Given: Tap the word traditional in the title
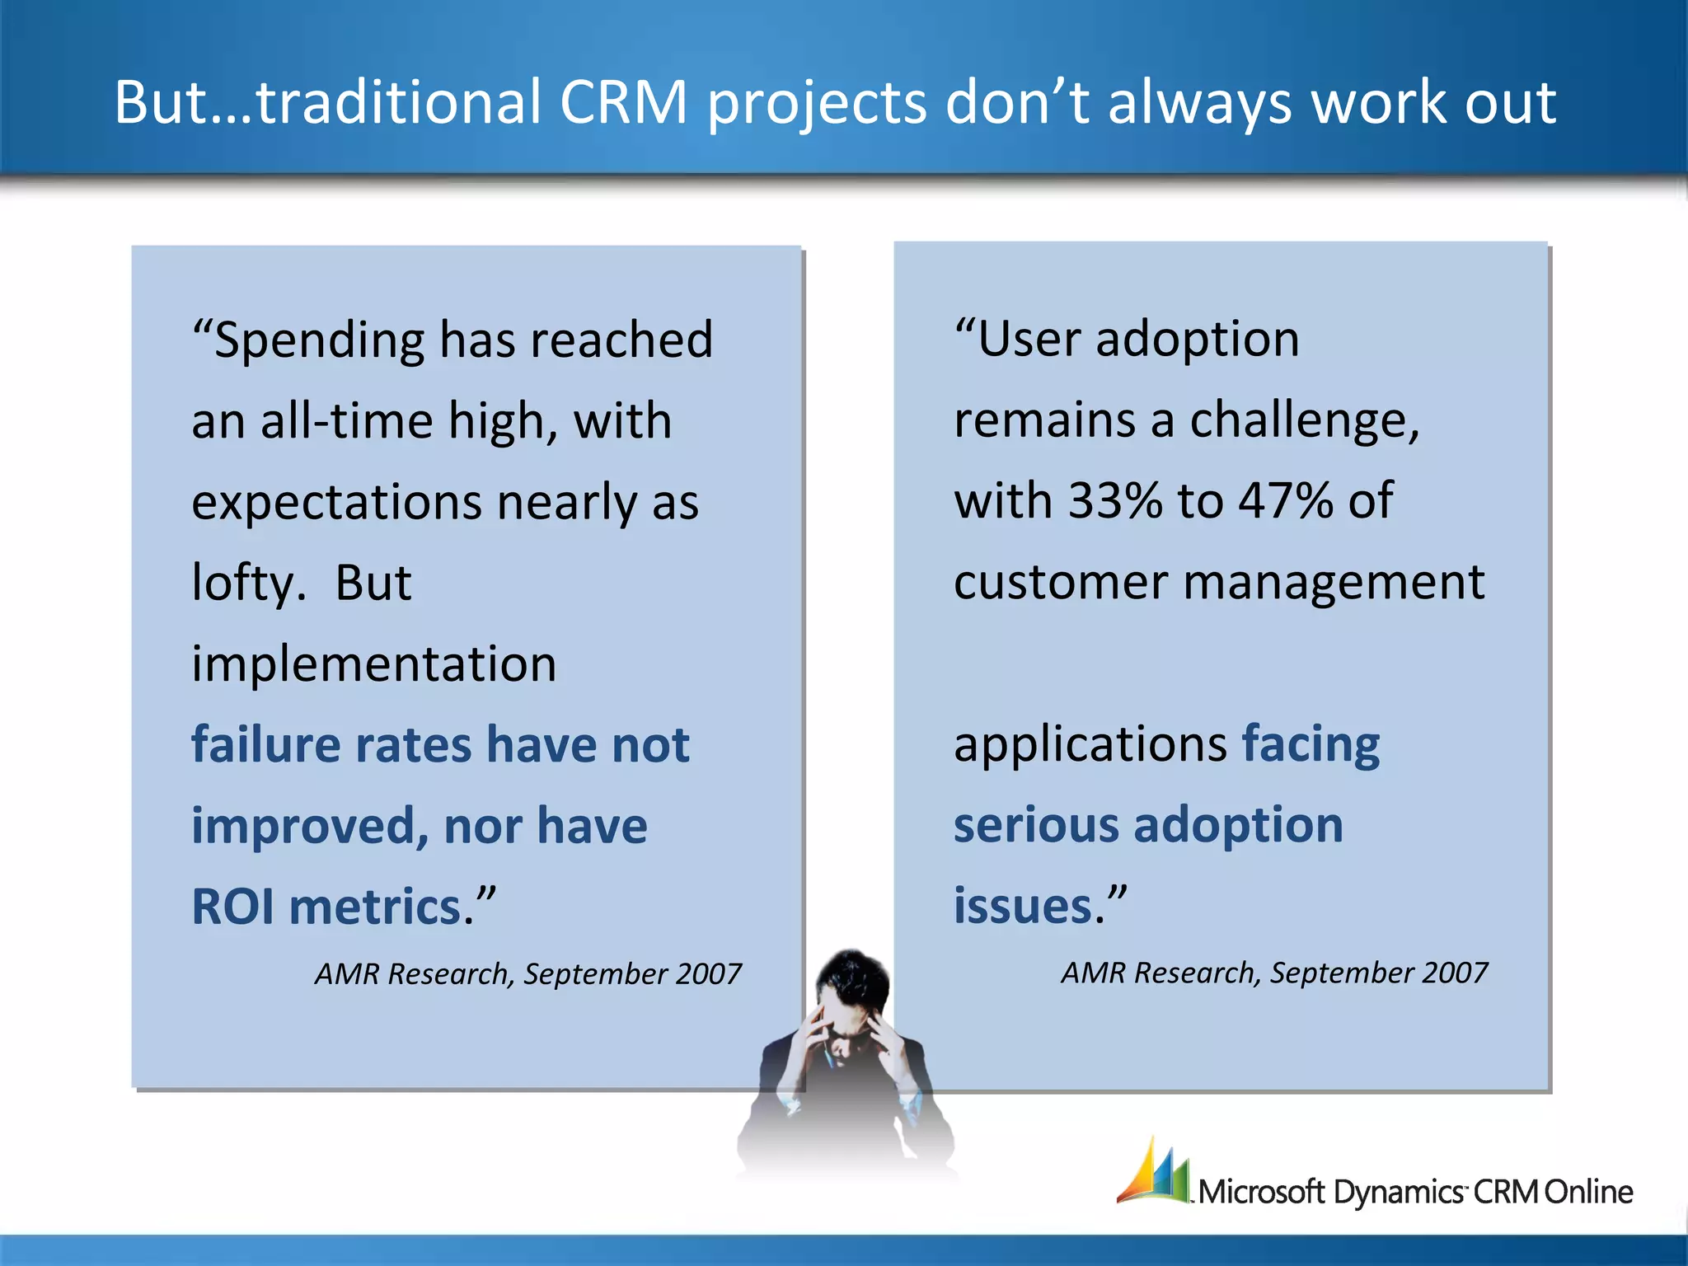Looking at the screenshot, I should pyautogui.click(x=398, y=102).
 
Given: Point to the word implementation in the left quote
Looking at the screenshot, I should pyautogui.click(x=373, y=664).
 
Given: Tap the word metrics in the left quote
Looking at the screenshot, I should pyautogui.click(x=375, y=907).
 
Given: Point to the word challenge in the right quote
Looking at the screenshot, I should pyautogui.click(x=1304, y=420).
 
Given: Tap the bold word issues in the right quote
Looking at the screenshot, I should pyautogui.click(x=1023, y=906).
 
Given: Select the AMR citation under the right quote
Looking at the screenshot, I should pyautogui.click(x=1273, y=973).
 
